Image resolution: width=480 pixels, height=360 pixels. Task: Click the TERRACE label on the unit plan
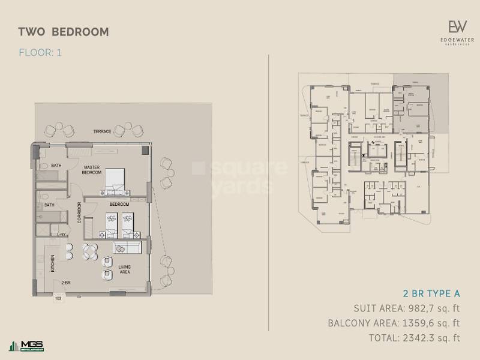[102, 131]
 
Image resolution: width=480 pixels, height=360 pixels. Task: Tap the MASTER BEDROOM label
[91, 170]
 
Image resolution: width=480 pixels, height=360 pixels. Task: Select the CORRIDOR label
[79, 212]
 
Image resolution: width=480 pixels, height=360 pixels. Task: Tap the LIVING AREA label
[124, 269]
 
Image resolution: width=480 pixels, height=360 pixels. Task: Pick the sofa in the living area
[127, 248]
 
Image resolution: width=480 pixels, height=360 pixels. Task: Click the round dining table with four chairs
[91, 252]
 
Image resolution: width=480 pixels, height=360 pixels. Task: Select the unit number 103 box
[58, 298]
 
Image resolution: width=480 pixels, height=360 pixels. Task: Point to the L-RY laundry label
[61, 235]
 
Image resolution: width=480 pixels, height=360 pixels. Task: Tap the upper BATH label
[56, 165]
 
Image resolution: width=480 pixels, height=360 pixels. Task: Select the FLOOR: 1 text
[40, 52]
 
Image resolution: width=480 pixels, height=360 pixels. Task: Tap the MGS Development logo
[26, 346]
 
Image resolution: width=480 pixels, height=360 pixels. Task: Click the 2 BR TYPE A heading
[431, 293]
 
